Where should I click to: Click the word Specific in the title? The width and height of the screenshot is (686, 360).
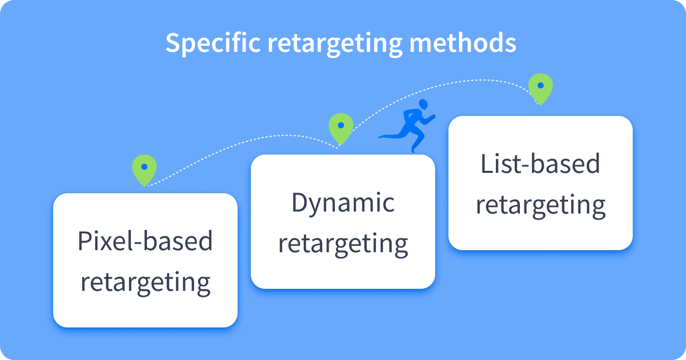tap(213, 43)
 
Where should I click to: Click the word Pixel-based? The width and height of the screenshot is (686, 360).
tap(145, 241)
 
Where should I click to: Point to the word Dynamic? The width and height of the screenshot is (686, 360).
tap(343, 203)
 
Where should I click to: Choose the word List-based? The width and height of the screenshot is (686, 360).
tap(540, 164)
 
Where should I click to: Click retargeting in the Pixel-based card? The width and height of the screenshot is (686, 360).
tap(145, 283)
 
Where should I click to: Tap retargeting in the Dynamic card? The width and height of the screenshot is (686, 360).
tap(343, 245)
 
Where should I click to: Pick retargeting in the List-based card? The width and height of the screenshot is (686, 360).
tap(541, 206)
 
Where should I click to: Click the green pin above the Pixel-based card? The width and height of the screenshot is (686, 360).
tap(144, 170)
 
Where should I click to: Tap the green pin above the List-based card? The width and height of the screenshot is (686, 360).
tap(541, 89)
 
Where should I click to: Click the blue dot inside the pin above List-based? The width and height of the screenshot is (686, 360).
tap(541, 85)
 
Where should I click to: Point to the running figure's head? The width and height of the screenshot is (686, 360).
tap(423, 104)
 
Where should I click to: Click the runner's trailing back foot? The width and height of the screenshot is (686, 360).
tap(381, 137)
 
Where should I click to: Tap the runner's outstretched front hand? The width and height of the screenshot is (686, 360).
tap(433, 117)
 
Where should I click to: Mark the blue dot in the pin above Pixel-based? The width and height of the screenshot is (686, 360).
tap(144, 167)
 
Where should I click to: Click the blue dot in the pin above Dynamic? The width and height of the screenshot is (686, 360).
tap(341, 125)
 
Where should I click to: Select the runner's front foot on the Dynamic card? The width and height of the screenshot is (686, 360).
tap(414, 150)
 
